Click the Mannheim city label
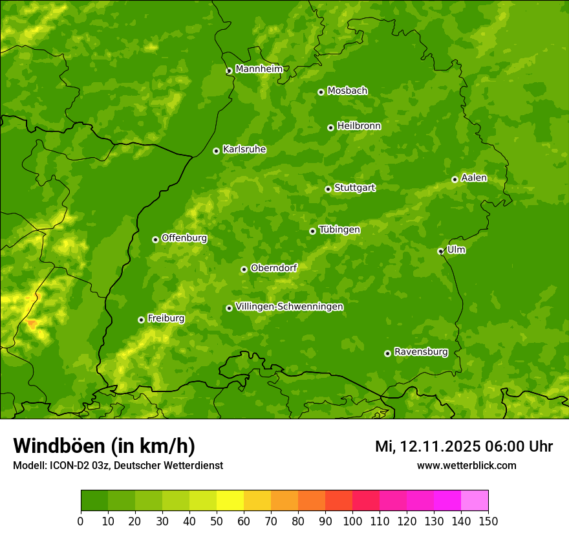pyautogui.click(x=259, y=69)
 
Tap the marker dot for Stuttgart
pyautogui.click(x=328, y=189)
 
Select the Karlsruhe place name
pyautogui.click(x=244, y=149)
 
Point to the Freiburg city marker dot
pyautogui.click(x=141, y=320)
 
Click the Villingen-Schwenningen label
pyautogui.click(x=289, y=307)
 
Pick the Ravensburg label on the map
pyautogui.click(x=421, y=352)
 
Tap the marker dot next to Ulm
pyautogui.click(x=440, y=251)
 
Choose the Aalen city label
pyautogui.click(x=474, y=178)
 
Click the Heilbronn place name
pyautogui.click(x=359, y=126)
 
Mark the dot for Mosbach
pyautogui.click(x=321, y=92)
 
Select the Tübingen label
pyautogui.click(x=339, y=230)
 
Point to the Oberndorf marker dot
pyautogui.click(x=244, y=269)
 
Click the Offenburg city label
pyautogui.click(x=184, y=238)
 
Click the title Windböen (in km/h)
pyautogui.click(x=104, y=446)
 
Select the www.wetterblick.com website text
pyautogui.click(x=466, y=465)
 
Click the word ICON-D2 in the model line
pyautogui.click(x=67, y=465)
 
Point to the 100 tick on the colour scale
pyautogui.click(x=352, y=521)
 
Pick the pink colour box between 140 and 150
pyautogui.click(x=475, y=500)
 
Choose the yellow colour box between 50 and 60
pyautogui.click(x=230, y=500)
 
